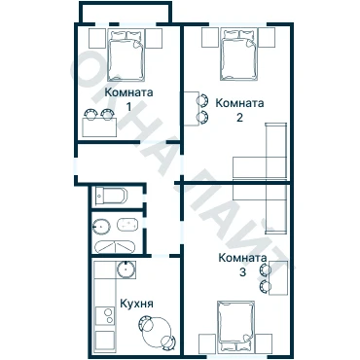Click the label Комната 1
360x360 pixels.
(128, 99)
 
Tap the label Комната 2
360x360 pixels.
(239, 110)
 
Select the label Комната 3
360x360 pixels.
(242, 265)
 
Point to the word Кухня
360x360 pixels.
(136, 304)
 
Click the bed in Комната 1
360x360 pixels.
(126, 55)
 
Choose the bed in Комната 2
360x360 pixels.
(239, 54)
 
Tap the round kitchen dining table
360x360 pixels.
(157, 332)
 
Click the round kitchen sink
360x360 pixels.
(126, 270)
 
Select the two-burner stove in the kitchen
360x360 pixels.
(104, 316)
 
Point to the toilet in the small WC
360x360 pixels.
(111, 196)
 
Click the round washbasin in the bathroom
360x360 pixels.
(101, 226)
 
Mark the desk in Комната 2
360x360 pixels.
(192, 109)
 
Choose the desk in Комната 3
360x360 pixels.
(278, 277)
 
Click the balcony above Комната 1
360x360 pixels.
(126, 13)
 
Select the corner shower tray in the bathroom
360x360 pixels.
(114, 247)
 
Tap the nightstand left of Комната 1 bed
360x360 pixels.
(97, 38)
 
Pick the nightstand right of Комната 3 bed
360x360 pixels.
(264, 343)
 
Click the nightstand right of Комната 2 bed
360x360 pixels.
(267, 38)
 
